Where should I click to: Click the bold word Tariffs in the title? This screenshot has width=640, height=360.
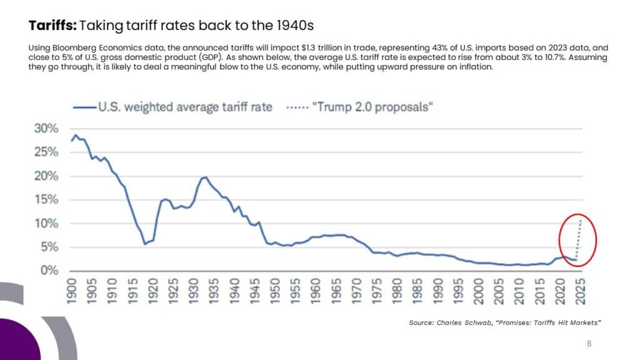coord(52,25)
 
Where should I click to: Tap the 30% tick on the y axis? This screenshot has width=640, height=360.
coord(46,129)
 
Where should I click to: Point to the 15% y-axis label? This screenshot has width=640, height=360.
coord(46,199)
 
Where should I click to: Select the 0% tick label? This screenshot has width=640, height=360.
coord(49,270)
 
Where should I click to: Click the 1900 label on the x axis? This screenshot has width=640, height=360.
coord(72,291)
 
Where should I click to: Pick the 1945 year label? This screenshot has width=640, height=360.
coord(255,291)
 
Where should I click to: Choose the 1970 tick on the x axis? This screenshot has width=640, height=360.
coord(357,291)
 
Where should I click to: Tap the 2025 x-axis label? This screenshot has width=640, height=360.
coord(581,291)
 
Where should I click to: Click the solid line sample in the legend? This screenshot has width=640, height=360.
coord(84,107)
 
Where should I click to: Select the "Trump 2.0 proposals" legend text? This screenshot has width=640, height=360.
coord(372,107)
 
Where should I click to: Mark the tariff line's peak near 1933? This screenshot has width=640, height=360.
coord(205,177)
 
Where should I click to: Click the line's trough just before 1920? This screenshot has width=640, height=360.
coord(144,244)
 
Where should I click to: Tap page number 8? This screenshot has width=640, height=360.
coord(589,344)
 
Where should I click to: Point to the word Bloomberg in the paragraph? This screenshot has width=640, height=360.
coord(74,48)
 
